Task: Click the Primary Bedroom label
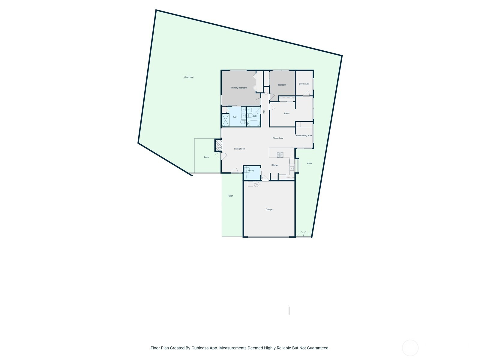pyautogui.click(x=238, y=88)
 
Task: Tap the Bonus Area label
pyautogui.click(x=304, y=84)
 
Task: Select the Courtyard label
pyautogui.click(x=189, y=77)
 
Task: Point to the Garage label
pyautogui.click(x=269, y=209)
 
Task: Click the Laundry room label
pyautogui.click(x=250, y=170)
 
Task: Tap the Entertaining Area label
pyautogui.click(x=304, y=136)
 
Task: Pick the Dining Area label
pyautogui.click(x=278, y=138)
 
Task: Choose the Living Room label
pyautogui.click(x=240, y=149)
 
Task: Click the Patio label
pyautogui.click(x=309, y=163)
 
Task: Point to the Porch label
pyautogui.click(x=230, y=196)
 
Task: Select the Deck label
pyautogui.click(x=206, y=157)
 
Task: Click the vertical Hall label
pyautogui.click(x=264, y=112)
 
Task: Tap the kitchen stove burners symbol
pyautogui.click(x=280, y=155)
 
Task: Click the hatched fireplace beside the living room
pyautogui.click(x=218, y=145)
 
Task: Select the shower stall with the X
pyautogui.click(x=225, y=120)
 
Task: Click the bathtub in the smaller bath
pyautogui.click(x=253, y=123)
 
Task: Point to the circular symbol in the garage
pyautogui.click(x=257, y=184)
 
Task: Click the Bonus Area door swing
pyautogui.click(x=306, y=93)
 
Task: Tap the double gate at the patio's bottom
pyautogui.click(x=304, y=234)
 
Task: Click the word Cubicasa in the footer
pyautogui.click(x=200, y=348)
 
